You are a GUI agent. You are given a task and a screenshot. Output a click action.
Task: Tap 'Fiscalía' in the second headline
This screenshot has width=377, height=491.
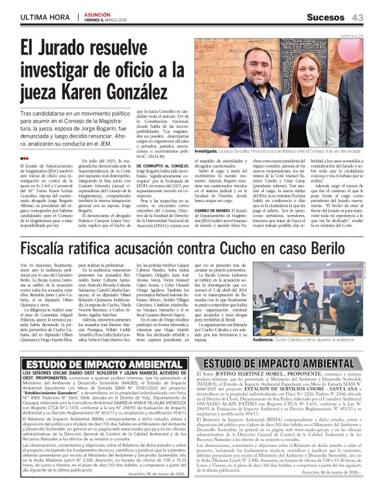pyautogui.click(x=50, y=249)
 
